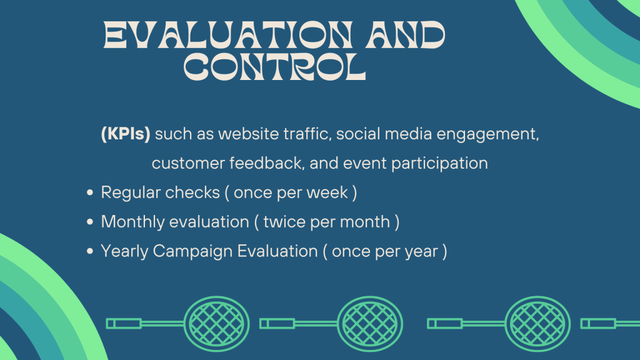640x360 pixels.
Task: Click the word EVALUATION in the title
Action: (227, 35)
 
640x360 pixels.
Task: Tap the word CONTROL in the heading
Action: (275, 67)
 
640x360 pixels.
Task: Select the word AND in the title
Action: (405, 35)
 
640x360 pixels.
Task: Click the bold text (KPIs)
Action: (126, 134)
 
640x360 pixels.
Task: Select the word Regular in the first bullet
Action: (131, 193)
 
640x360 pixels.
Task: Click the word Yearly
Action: (124, 251)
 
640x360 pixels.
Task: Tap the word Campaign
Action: (193, 252)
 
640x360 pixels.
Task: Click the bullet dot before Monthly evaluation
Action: (90, 222)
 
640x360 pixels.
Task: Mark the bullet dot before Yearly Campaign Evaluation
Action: (90, 251)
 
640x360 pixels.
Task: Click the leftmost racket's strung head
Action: (217, 324)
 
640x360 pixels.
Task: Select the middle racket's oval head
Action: (370, 324)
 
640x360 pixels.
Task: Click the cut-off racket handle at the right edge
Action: (610, 324)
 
